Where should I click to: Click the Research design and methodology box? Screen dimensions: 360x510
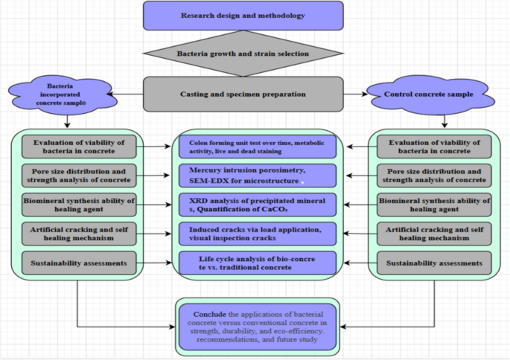point(243,16)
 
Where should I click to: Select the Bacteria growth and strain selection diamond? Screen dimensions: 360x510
point(243,54)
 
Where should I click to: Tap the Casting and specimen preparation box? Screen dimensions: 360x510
point(243,94)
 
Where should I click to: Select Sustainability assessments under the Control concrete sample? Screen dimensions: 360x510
point(434,263)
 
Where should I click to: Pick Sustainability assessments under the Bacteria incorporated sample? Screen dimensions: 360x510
point(79,263)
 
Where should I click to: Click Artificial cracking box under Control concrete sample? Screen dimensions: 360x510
point(434,234)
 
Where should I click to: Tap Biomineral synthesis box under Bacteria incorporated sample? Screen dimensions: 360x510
point(79,205)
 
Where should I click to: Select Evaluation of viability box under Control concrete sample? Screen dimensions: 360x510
point(434,147)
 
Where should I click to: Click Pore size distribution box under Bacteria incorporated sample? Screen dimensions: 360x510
point(79,176)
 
